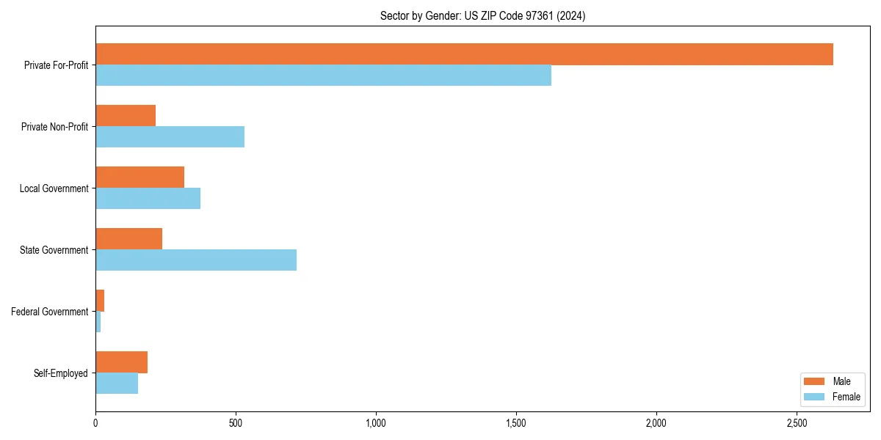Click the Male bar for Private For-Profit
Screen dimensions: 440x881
click(464, 54)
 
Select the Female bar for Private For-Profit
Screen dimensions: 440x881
click(323, 76)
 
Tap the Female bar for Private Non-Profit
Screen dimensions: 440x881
click(170, 137)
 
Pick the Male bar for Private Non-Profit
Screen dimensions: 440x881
click(126, 116)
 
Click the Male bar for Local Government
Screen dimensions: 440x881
click(139, 177)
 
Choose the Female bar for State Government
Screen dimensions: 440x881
click(196, 260)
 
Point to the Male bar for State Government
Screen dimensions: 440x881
click(128, 239)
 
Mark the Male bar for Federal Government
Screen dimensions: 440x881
click(100, 301)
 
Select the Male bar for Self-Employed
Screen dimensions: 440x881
click(121, 362)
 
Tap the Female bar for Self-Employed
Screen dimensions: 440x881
click(117, 384)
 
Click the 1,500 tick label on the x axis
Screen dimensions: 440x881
click(516, 423)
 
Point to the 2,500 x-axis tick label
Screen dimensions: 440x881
click(797, 423)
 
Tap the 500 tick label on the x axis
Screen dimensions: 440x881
click(236, 423)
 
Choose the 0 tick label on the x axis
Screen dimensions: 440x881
click(95, 423)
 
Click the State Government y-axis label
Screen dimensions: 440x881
click(54, 250)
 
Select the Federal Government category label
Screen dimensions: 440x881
click(50, 312)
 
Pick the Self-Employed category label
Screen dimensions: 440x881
click(61, 373)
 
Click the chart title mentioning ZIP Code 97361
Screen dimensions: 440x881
click(482, 15)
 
